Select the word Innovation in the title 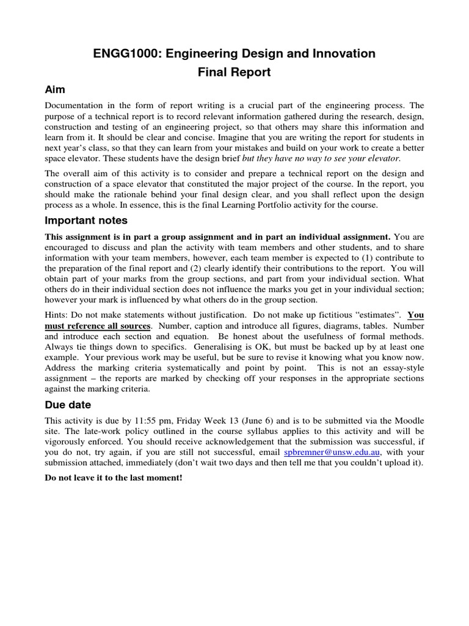[x=344, y=54]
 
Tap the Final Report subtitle [x=234, y=73]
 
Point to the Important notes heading [x=86, y=220]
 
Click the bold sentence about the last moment [x=114, y=477]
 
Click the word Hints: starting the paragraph [x=57, y=315]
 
